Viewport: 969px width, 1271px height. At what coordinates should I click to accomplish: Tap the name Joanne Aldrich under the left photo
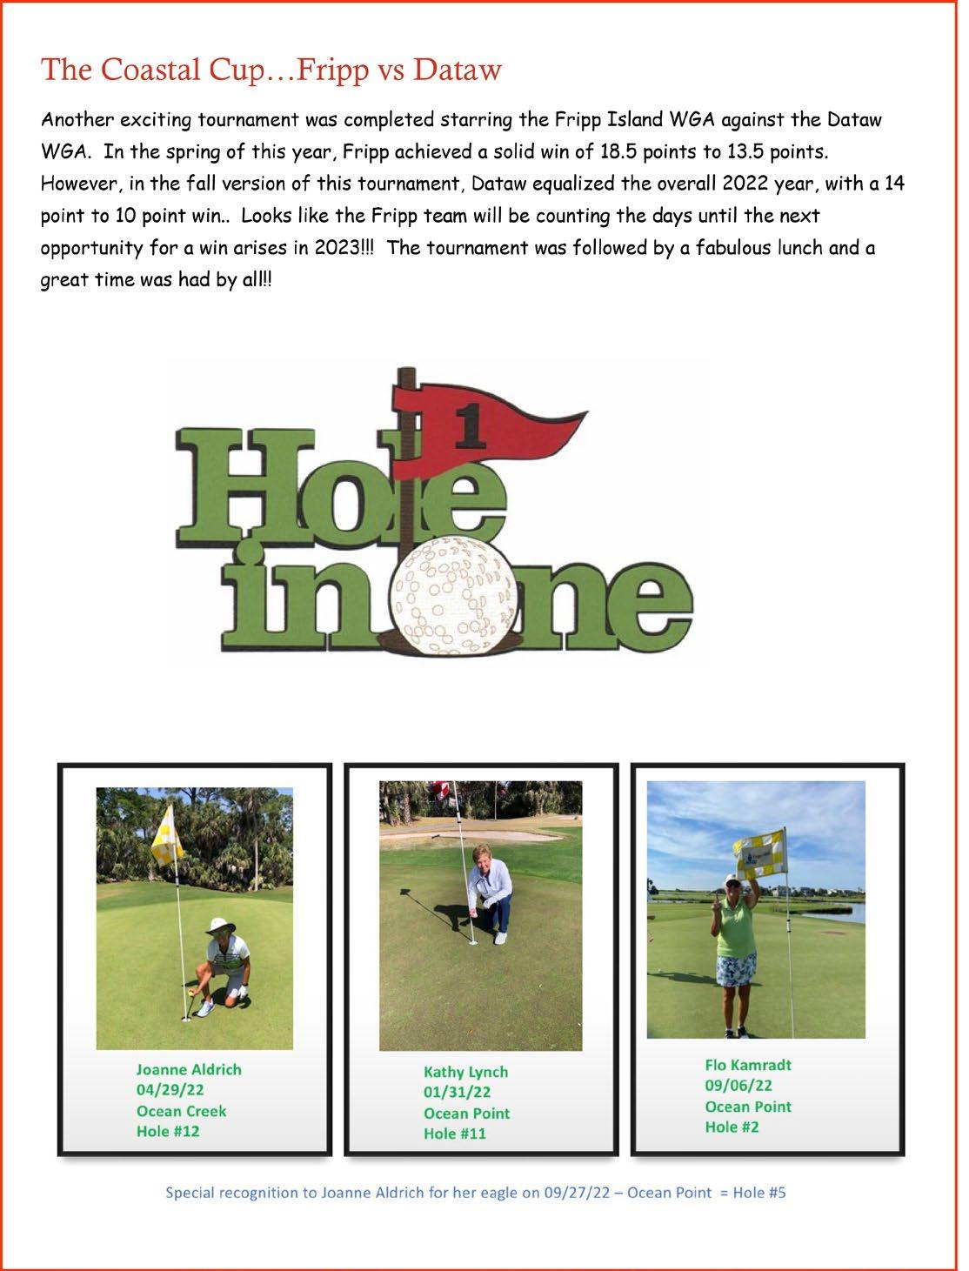(189, 1069)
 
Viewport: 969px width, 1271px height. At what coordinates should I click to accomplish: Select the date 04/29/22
(170, 1090)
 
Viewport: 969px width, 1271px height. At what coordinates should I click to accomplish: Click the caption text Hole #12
(168, 1131)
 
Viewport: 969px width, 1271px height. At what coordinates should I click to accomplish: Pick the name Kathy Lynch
(465, 1072)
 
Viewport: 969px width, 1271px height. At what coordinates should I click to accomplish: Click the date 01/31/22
(457, 1092)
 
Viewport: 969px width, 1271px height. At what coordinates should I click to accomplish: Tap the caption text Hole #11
(455, 1134)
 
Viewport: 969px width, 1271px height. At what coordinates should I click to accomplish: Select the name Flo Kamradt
(748, 1065)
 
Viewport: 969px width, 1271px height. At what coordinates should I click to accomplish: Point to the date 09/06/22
(738, 1086)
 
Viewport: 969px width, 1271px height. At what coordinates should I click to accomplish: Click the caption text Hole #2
(732, 1127)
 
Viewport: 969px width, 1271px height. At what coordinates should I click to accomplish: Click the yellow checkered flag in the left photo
(165, 846)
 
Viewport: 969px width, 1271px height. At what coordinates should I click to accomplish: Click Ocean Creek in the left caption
(181, 1111)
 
